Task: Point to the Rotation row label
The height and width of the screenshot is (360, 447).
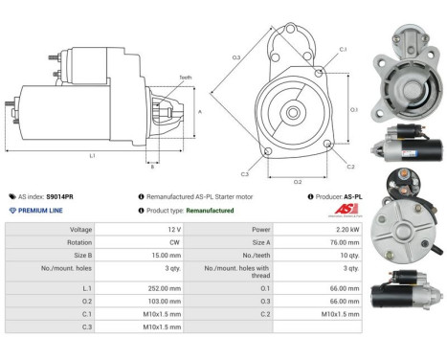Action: [80, 242]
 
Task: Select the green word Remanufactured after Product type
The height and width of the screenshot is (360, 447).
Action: [210, 210]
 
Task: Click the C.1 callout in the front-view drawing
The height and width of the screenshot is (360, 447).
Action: [342, 48]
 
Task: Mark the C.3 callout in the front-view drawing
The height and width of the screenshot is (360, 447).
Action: [245, 174]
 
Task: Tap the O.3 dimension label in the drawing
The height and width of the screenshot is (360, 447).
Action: [236, 58]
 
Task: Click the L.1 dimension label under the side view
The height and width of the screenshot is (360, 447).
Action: [91, 154]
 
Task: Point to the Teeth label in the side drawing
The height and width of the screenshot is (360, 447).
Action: [185, 78]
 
